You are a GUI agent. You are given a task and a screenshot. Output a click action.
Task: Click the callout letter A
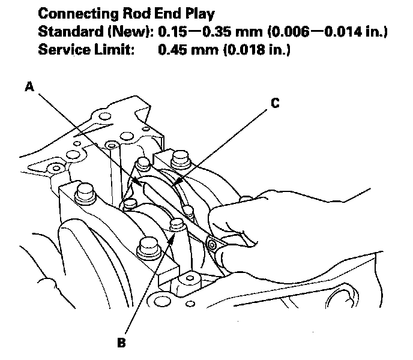tap(29, 87)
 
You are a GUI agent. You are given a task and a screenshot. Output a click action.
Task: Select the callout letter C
tap(274, 103)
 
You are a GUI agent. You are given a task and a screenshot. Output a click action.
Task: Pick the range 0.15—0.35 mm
tap(203, 32)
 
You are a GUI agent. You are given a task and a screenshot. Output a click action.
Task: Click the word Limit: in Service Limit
tap(115, 50)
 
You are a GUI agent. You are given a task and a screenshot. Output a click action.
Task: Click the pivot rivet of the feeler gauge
tap(212, 245)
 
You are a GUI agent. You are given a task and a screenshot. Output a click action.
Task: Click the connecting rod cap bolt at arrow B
tap(176, 226)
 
